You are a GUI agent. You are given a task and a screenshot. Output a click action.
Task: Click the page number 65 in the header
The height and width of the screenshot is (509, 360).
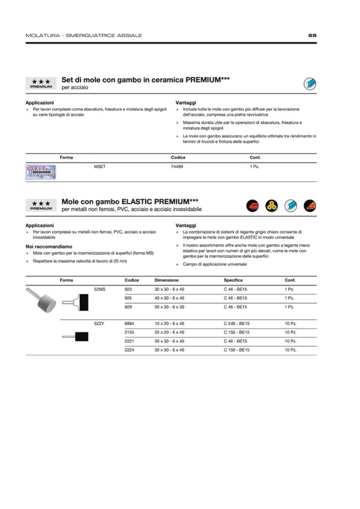pyautogui.click(x=312, y=36)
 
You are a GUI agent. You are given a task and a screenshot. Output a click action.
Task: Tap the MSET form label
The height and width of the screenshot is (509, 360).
pyautogui.click(x=100, y=167)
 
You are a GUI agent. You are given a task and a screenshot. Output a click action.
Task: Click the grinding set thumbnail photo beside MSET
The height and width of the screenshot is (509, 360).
pyautogui.click(x=41, y=171)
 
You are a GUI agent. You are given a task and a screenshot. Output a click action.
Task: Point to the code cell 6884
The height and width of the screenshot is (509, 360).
pyautogui.click(x=129, y=323)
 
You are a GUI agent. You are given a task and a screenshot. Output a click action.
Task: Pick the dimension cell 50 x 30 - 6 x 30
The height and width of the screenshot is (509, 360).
pyautogui.click(x=169, y=307)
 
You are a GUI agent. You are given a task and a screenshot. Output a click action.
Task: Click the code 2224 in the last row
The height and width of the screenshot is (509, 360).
pyautogui.click(x=129, y=350)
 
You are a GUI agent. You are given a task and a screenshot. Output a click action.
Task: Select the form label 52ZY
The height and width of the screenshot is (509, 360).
pyautogui.click(x=99, y=323)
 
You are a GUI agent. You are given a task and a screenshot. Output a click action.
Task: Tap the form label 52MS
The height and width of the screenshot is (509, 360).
pyautogui.click(x=99, y=289)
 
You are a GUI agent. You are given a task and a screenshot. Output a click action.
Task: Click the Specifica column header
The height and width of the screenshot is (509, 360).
pyautogui.click(x=233, y=280)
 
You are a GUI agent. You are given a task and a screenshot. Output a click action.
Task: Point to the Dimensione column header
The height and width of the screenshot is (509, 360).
pyautogui.click(x=167, y=280)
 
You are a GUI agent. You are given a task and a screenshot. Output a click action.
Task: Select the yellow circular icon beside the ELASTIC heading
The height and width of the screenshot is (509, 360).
pyautogui.click(x=272, y=205)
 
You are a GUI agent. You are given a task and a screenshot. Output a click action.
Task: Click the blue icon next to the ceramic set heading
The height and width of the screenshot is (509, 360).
pyautogui.click(x=310, y=83)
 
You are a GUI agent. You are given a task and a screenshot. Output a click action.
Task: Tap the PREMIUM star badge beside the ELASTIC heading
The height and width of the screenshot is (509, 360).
pyautogui.click(x=41, y=205)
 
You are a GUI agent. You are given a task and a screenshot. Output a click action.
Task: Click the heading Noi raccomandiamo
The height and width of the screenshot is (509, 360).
pyautogui.click(x=49, y=246)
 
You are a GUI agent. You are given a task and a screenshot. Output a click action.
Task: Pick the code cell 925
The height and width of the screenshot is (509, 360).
pyautogui.click(x=128, y=298)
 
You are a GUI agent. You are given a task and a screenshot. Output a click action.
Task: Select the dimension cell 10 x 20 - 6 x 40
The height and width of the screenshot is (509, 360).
pyautogui.click(x=169, y=323)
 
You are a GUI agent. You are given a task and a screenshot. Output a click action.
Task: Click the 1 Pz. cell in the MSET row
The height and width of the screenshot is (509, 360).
pyautogui.click(x=254, y=167)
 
